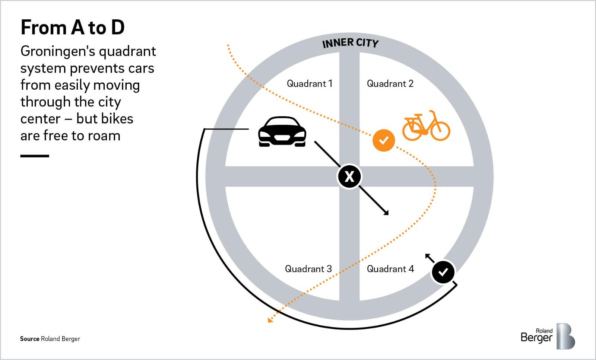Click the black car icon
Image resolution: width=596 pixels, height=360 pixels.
point(282,132)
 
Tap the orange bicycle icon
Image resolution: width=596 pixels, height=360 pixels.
point(426,126)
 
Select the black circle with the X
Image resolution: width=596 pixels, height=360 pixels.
point(349,176)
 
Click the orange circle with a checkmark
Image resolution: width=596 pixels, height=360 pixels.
point(384,140)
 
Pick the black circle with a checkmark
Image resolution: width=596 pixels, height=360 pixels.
point(443,272)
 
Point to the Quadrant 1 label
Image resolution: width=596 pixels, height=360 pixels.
point(309,83)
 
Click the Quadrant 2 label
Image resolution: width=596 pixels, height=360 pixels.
point(390,83)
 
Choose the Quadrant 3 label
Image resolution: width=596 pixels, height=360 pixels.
point(308,269)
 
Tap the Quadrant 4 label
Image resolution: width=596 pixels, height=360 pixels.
point(390,269)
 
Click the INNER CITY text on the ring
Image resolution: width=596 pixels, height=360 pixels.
point(350,43)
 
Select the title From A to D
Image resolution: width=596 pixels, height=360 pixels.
point(73,27)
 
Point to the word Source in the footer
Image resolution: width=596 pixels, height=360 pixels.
point(29,339)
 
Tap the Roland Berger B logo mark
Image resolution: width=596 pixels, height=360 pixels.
point(565,336)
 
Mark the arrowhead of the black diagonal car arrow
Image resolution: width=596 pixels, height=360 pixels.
point(386,213)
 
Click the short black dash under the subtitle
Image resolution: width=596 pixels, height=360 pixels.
point(35,156)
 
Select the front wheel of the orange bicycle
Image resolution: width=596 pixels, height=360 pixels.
point(440,130)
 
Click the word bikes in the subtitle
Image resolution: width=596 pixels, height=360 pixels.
point(105,119)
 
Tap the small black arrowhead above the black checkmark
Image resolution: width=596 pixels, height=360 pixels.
point(427,256)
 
